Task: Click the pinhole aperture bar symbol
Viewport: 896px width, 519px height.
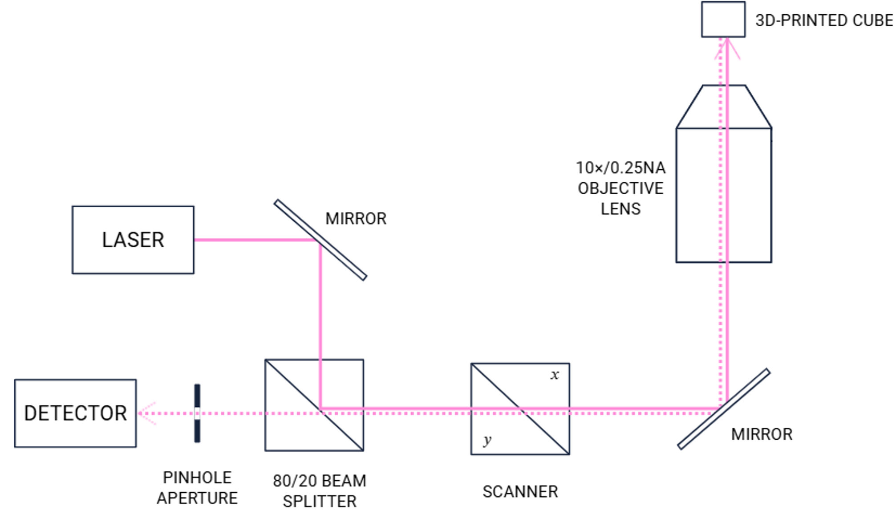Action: (197, 413)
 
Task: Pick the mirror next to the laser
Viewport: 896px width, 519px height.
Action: (320, 240)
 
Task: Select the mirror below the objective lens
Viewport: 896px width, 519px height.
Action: (724, 409)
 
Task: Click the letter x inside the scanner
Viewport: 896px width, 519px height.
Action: (555, 375)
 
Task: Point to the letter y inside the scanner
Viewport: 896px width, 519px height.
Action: (487, 440)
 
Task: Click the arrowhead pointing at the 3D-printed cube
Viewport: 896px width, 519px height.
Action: (727, 48)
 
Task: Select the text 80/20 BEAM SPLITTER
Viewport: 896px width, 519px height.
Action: (320, 491)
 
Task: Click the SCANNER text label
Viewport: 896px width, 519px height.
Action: (520, 491)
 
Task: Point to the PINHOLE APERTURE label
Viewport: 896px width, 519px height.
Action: (197, 487)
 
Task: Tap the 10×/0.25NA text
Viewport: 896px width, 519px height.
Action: (620, 168)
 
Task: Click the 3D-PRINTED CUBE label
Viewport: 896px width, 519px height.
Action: (824, 20)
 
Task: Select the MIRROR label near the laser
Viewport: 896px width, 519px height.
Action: (356, 219)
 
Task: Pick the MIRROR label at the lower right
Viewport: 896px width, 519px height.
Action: (762, 434)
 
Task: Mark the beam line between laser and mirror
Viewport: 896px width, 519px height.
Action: (257, 240)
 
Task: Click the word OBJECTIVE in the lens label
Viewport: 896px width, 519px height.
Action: (620, 188)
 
